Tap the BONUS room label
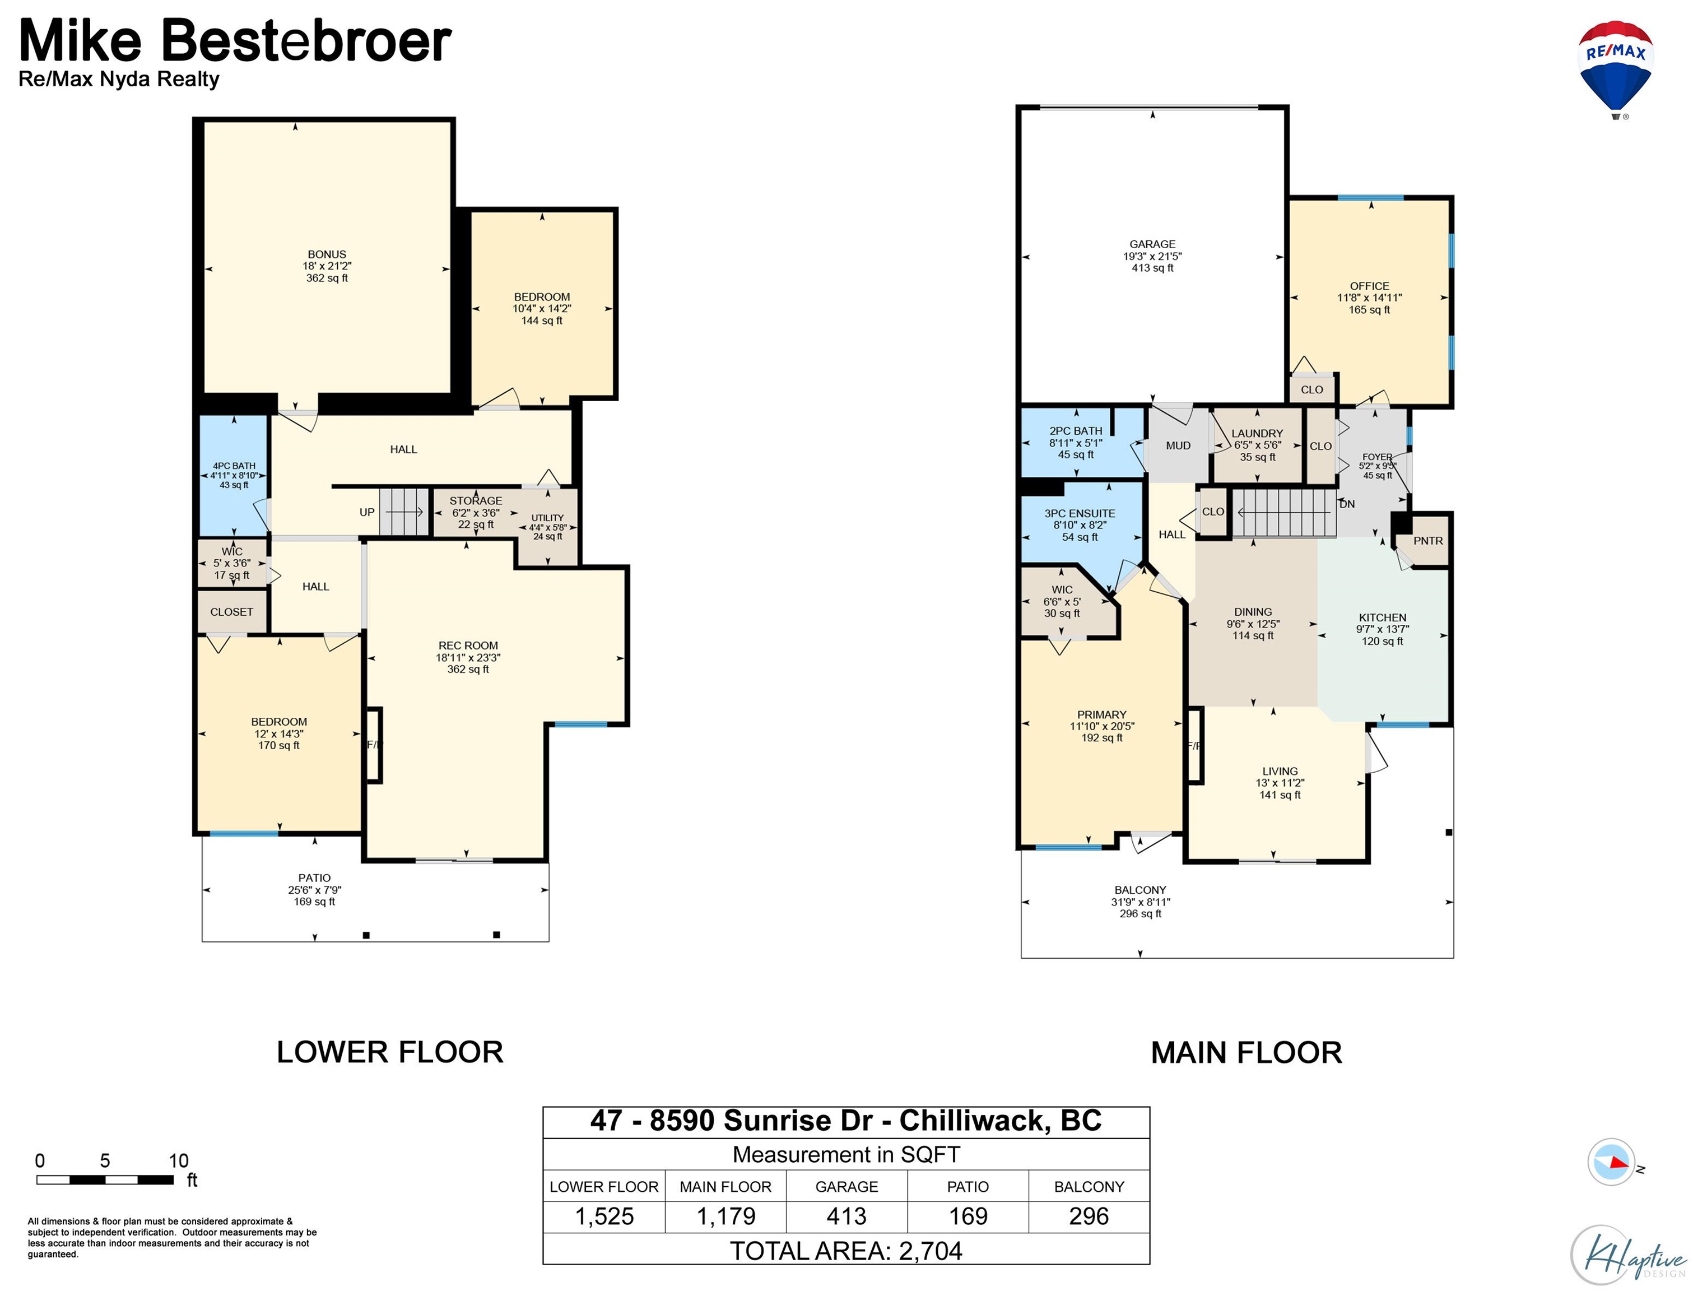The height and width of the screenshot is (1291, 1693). (x=327, y=254)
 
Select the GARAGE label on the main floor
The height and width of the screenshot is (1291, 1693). (x=1152, y=244)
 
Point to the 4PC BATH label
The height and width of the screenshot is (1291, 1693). (x=234, y=466)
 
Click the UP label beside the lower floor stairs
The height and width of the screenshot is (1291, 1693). (x=367, y=513)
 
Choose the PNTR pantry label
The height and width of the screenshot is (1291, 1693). (x=1428, y=541)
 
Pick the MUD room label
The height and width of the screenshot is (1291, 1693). (x=1178, y=445)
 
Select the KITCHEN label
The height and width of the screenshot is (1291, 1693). (x=1382, y=618)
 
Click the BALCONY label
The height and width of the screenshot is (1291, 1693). (x=1140, y=890)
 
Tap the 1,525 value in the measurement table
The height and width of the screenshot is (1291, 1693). (x=604, y=1216)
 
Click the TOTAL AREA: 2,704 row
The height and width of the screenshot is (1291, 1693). (x=846, y=1251)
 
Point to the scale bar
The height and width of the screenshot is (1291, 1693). (x=105, y=1179)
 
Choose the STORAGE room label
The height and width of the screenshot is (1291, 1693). (x=476, y=501)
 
